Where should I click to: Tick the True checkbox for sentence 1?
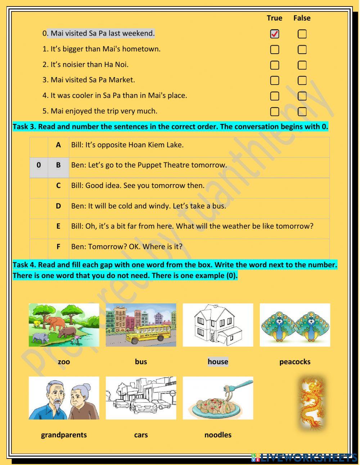coord(275,49)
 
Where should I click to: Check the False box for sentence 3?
coord(302,80)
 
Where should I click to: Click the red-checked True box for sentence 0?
coord(275,34)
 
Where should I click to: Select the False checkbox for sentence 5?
coord(302,112)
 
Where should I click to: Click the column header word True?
coord(274,18)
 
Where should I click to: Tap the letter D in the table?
coord(58,206)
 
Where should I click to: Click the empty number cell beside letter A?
coord(39,145)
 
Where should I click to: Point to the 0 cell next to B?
coord(39,165)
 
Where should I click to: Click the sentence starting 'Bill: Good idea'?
coord(138,185)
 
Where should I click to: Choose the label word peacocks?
coord(295,362)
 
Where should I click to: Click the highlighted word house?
coord(218,362)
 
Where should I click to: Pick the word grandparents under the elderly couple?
coord(64,435)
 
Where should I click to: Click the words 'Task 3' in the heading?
coord(24,127)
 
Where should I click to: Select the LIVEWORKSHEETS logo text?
coord(306,457)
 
